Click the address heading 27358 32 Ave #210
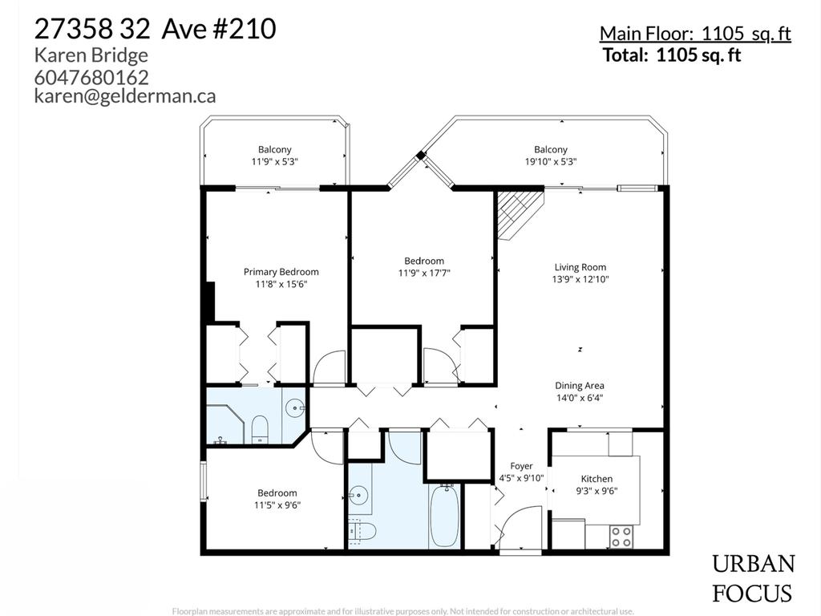click(x=155, y=29)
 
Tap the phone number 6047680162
click(x=91, y=77)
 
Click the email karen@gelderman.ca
click(x=125, y=96)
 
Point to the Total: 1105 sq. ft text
click(x=672, y=55)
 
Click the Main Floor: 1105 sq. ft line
click(x=695, y=34)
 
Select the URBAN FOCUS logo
click(x=753, y=579)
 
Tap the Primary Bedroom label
click(x=281, y=278)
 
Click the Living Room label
click(x=580, y=273)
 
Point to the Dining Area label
click(x=580, y=391)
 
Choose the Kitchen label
click(x=597, y=484)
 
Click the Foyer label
click(x=521, y=472)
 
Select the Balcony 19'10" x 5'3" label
click(x=551, y=155)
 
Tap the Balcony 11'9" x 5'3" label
click(x=274, y=155)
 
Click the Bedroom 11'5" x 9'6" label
click(x=277, y=499)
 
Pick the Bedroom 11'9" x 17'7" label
click(x=423, y=266)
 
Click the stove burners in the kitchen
click(x=621, y=537)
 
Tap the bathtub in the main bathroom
click(x=444, y=517)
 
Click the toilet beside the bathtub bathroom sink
click(x=364, y=530)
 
